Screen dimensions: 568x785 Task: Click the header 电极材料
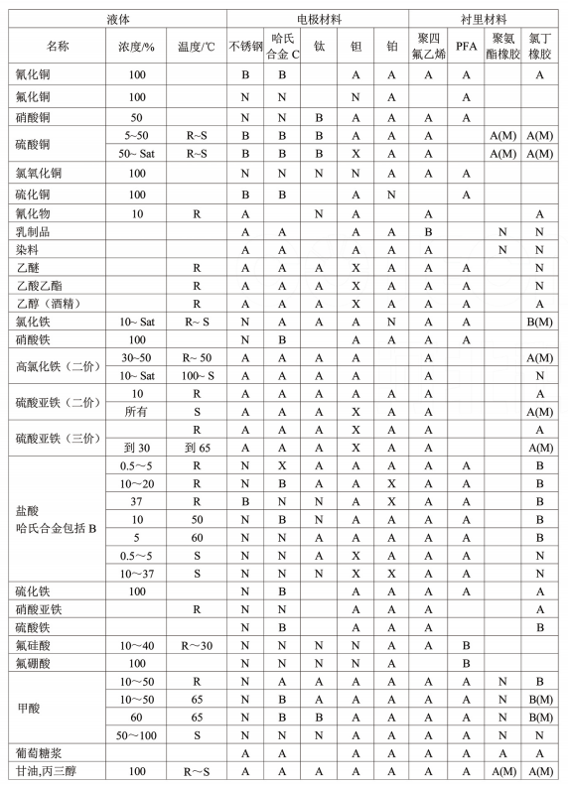pos(317,19)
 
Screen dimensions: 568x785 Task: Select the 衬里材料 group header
pos(486,19)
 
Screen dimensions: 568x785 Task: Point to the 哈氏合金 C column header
pos(282,47)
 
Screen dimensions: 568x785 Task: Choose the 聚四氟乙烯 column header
pos(428,47)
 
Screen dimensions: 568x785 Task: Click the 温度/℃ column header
pos(197,47)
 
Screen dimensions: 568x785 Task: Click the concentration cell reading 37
pos(137,500)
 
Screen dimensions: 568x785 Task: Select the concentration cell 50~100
pos(137,733)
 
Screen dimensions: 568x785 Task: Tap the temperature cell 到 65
pos(197,448)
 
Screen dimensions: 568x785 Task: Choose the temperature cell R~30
pos(197,645)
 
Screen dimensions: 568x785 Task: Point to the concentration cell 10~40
pos(137,645)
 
